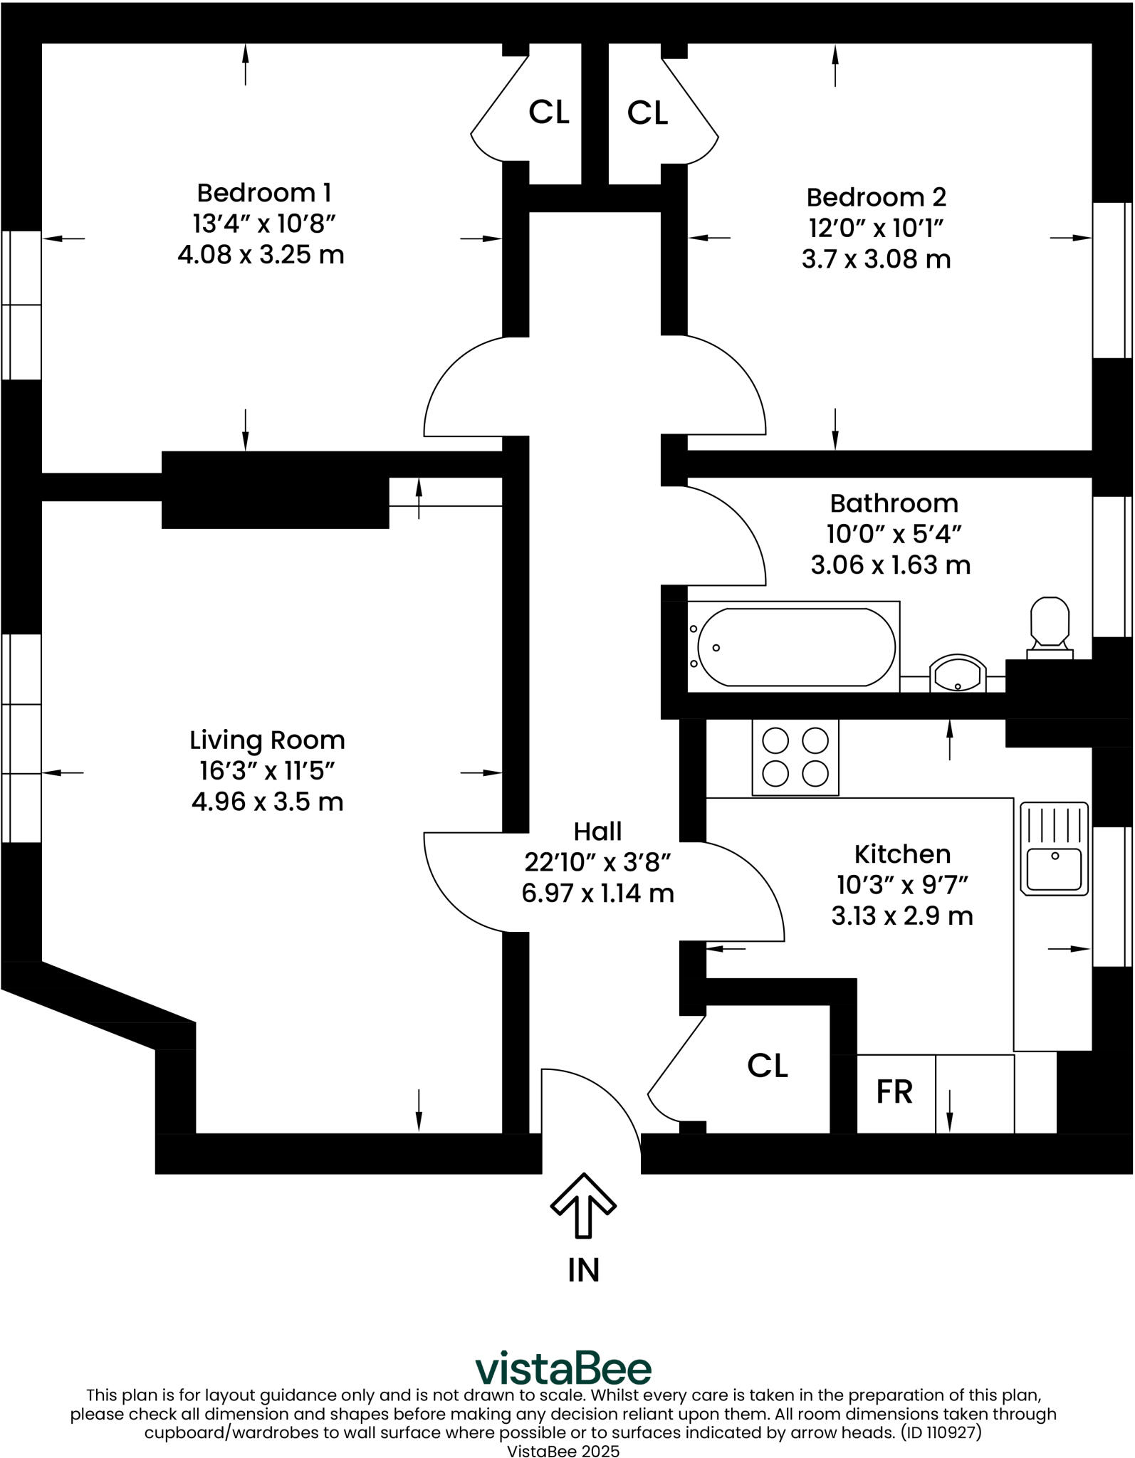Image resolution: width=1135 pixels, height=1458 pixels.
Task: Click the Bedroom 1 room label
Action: (263, 193)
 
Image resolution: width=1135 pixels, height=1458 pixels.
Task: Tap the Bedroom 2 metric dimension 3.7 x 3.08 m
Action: (876, 259)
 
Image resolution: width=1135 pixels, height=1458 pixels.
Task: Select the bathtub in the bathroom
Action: (796, 646)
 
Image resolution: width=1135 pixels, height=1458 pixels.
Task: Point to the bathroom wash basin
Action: (958, 673)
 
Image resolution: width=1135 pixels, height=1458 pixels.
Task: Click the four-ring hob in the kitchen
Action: (795, 757)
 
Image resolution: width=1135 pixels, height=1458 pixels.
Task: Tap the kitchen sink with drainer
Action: (1054, 849)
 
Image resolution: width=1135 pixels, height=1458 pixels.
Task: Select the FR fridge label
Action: (894, 1092)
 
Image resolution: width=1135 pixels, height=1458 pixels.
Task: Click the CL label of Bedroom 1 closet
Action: (549, 112)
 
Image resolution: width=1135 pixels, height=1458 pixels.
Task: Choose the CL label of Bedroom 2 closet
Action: (647, 112)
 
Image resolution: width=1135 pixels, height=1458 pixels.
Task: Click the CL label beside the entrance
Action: (768, 1066)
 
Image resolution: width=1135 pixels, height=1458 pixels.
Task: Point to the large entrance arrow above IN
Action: (583, 1205)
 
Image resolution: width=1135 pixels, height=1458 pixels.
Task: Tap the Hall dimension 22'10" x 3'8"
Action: (598, 862)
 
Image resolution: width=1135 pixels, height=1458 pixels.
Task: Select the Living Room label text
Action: (267, 740)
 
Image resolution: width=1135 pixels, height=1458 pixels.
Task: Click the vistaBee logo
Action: (563, 1368)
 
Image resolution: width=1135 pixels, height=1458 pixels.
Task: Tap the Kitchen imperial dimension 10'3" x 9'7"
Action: (902, 885)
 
